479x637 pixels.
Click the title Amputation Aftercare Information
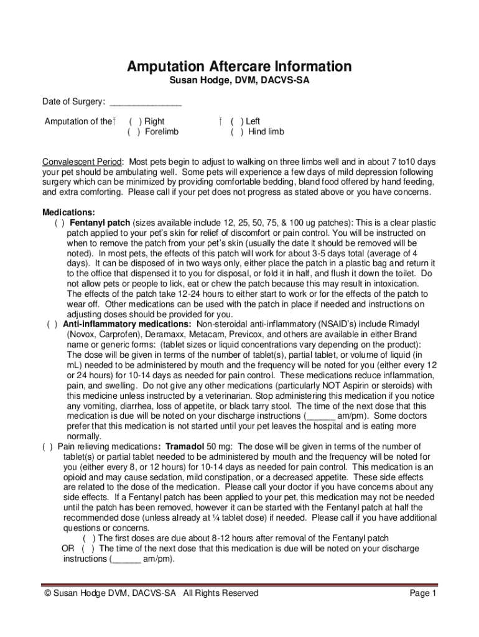point(240,67)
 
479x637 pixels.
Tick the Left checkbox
point(237,122)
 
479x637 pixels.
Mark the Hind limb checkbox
point(237,132)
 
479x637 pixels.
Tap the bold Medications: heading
point(68,212)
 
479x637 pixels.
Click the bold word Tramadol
point(185,447)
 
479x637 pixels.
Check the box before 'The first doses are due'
point(89,538)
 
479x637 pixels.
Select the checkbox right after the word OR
point(88,549)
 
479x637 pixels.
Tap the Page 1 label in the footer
point(423,593)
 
